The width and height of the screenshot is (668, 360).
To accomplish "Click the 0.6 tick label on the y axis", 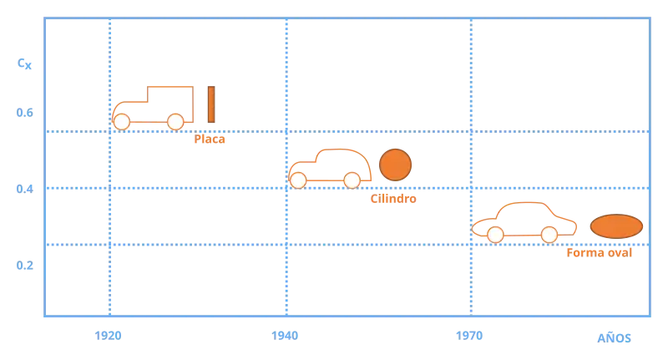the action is (x=25, y=113).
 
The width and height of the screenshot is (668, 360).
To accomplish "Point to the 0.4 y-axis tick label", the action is (x=25, y=189).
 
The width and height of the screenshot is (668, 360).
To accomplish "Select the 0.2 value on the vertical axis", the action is (x=25, y=265).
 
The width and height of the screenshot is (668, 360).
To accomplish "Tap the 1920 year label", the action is (x=108, y=336).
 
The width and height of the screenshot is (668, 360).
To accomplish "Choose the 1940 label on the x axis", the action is (x=285, y=336).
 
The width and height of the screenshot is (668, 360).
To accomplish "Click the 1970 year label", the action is (x=469, y=336).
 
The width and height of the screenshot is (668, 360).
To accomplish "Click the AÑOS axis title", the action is (x=614, y=337).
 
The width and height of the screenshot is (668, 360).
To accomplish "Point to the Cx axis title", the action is (x=24, y=64).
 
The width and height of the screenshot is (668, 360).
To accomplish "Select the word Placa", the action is (x=210, y=139).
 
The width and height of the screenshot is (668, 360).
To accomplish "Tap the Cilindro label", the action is (x=393, y=199).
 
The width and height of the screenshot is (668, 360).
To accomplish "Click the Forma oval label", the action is (x=599, y=252).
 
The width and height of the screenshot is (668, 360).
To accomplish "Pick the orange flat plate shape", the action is (x=211, y=104).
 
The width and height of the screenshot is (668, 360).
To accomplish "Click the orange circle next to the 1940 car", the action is (x=395, y=165).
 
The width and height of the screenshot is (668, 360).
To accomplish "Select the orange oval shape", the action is (x=616, y=226).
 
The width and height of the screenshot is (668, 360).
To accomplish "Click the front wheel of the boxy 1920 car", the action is (x=121, y=122).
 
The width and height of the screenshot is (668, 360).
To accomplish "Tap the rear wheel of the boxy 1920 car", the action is (x=175, y=122).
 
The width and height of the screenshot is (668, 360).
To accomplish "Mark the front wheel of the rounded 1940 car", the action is (x=298, y=180).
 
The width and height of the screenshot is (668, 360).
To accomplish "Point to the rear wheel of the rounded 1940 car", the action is (x=352, y=180).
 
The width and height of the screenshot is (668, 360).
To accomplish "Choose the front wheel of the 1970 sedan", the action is (x=495, y=235).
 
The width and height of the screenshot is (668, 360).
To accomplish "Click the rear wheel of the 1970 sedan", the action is (x=549, y=235).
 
